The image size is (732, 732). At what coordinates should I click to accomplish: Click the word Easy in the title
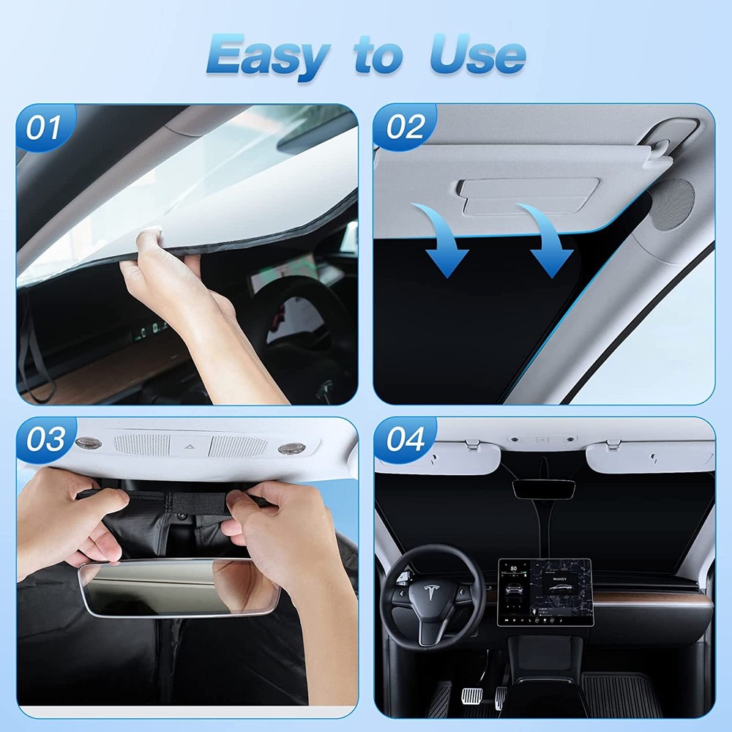pyautogui.click(x=266, y=56)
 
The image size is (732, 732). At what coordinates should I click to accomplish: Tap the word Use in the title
pyautogui.click(x=477, y=56)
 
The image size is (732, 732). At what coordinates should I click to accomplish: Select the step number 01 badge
pyautogui.click(x=44, y=128)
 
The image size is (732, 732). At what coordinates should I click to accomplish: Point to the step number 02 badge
pyautogui.click(x=405, y=127)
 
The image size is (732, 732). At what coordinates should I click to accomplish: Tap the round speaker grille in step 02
pyautogui.click(x=672, y=204)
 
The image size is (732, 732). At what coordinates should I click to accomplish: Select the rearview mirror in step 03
pyautogui.click(x=179, y=588)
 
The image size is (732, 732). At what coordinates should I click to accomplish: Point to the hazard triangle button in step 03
pyautogui.click(x=189, y=446)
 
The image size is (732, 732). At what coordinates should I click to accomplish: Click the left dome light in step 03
pyautogui.click(x=87, y=444)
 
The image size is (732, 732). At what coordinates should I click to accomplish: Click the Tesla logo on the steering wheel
pyautogui.click(x=423, y=594)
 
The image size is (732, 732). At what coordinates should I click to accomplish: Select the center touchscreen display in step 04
pyautogui.click(x=544, y=591)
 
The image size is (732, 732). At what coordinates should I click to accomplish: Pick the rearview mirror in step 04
pyautogui.click(x=543, y=488)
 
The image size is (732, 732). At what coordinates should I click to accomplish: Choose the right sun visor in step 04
pyautogui.click(x=649, y=456)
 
